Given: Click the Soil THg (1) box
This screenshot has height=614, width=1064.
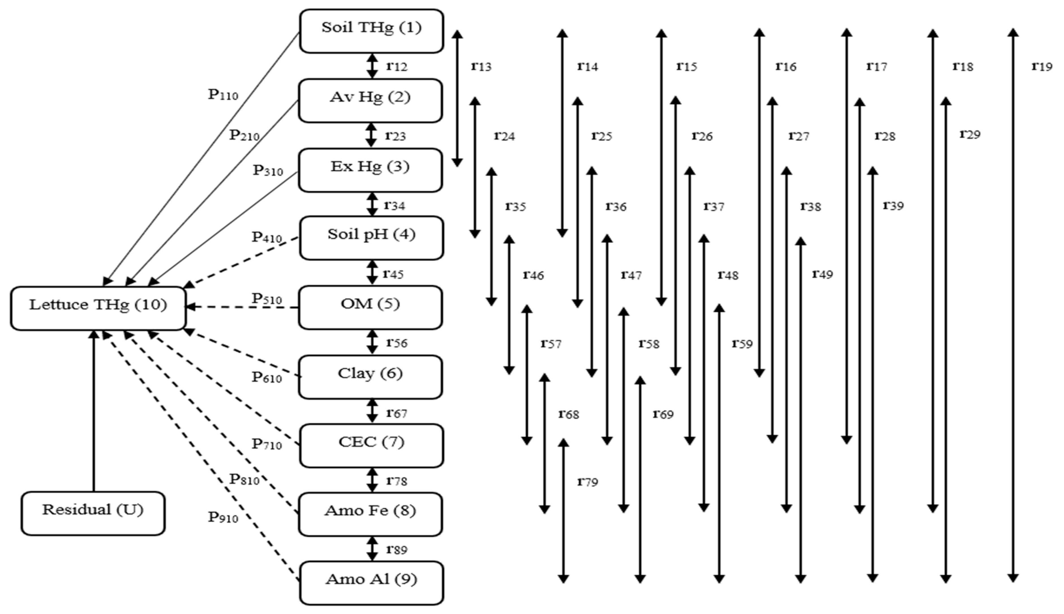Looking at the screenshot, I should [x=371, y=31].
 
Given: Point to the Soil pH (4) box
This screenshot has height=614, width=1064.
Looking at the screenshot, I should [x=371, y=238].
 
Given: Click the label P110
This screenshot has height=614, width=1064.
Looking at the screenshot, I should [x=223, y=95].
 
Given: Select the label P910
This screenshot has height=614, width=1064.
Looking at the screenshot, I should [x=223, y=517].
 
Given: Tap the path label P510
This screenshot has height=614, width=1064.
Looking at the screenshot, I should [x=266, y=299].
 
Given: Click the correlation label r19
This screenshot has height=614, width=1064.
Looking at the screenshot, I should [x=1042, y=66].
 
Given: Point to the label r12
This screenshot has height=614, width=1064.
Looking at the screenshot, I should [x=396, y=66].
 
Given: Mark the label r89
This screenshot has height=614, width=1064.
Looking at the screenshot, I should [x=396, y=549].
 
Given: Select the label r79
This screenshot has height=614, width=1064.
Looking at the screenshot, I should [x=587, y=482].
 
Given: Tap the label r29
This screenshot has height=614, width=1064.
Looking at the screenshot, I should [x=969, y=134].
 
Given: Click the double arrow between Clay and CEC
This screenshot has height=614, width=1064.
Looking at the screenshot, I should [x=372, y=411].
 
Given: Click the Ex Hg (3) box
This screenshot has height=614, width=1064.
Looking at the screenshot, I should [x=370, y=170].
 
